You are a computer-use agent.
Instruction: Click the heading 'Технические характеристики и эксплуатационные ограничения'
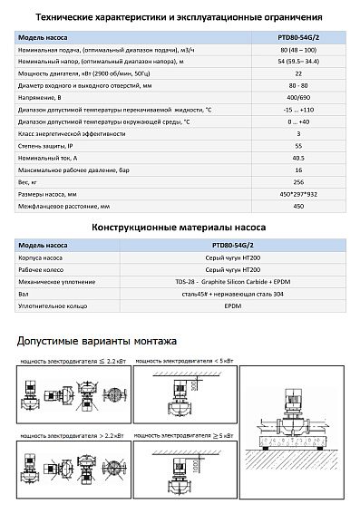(x=179, y=16)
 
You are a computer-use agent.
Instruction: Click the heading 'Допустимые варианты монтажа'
(x=97, y=341)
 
